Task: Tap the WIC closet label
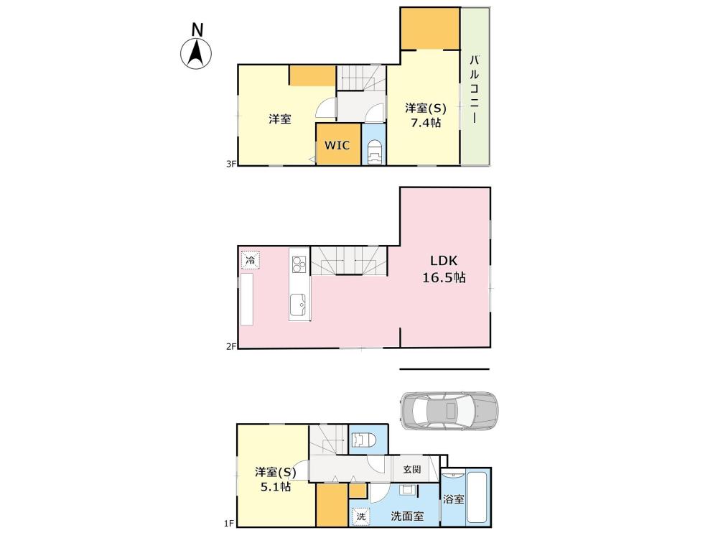pyautogui.click(x=337, y=145)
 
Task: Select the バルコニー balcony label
pyautogui.click(x=475, y=89)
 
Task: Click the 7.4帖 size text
pyautogui.click(x=426, y=123)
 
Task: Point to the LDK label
pyautogui.click(x=443, y=261)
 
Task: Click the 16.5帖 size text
pyautogui.click(x=444, y=277)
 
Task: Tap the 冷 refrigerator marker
pyautogui.click(x=251, y=260)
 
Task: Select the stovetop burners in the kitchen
pyautogui.click(x=299, y=264)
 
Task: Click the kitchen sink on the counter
pyautogui.click(x=299, y=305)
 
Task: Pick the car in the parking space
pyautogui.click(x=449, y=411)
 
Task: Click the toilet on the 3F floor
pyautogui.click(x=374, y=152)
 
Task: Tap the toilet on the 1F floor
pyautogui.click(x=363, y=440)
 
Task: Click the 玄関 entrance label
pyautogui.click(x=412, y=469)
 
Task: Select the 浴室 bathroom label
pyautogui.click(x=453, y=499)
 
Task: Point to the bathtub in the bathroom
pyautogui.click(x=477, y=497)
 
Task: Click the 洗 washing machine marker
pyautogui.click(x=361, y=516)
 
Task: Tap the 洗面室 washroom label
pyautogui.click(x=407, y=516)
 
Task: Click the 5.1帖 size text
pyautogui.click(x=276, y=486)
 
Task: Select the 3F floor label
pyautogui.click(x=230, y=164)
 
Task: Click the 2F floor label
pyautogui.click(x=230, y=346)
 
